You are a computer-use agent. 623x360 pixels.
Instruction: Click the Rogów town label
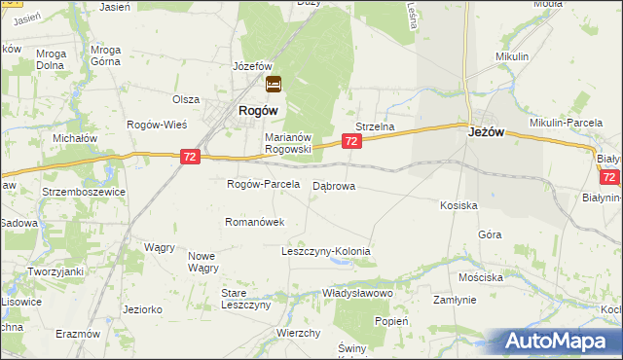(260, 112)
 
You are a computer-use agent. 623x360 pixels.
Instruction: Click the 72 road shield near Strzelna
(352, 142)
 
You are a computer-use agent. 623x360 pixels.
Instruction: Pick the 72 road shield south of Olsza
(191, 156)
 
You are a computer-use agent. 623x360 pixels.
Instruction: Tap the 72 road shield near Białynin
(609, 177)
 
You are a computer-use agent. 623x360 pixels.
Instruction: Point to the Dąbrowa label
(334, 185)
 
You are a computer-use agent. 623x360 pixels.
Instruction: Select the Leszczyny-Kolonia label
(326, 251)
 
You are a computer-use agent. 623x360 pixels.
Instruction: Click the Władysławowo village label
(357, 293)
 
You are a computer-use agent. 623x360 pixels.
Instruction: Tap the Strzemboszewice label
(84, 192)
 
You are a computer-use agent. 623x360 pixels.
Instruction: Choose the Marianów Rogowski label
(287, 143)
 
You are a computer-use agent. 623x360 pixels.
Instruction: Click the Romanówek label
(254, 222)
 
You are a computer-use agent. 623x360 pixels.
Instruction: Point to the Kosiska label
(458, 205)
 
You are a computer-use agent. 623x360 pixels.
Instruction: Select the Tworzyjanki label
(55, 271)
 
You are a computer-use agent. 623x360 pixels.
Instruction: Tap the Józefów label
(251, 65)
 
